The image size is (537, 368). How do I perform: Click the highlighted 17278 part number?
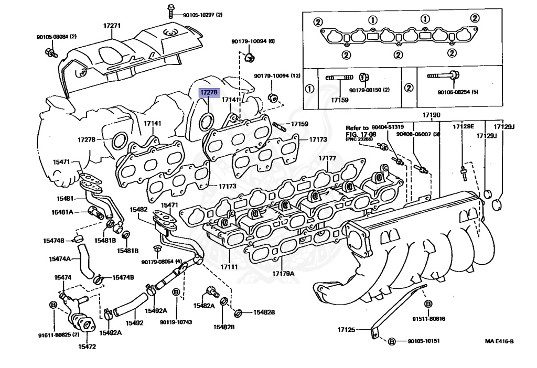point(208,92)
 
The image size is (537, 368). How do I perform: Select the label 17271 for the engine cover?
point(112,25)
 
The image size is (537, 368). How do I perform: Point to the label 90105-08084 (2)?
point(57,37)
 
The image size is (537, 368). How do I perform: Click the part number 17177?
point(327,158)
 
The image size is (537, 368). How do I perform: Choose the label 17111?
point(229,267)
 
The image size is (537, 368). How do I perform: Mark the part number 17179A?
point(283,274)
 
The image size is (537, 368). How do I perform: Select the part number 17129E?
point(463,126)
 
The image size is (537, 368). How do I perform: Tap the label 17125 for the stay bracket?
point(346,330)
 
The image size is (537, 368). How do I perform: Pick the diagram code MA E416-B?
point(499,341)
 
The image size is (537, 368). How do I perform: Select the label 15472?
point(87,346)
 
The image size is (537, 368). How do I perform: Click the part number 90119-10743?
point(176,322)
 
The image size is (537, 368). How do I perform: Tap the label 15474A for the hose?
point(60,259)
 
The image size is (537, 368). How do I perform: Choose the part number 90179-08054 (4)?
point(161,262)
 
